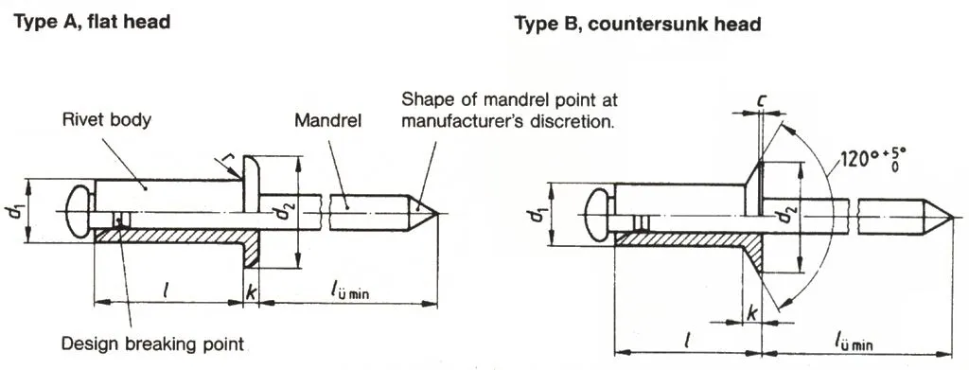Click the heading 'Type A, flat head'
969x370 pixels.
pos(92,22)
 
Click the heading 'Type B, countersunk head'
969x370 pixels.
pos(637,24)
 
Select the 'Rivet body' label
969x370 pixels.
pos(106,119)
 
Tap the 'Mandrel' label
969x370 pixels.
pos(327,120)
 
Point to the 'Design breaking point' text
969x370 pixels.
pos(152,344)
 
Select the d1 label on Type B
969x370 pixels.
pos(537,215)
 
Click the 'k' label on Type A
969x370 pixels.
pos(250,293)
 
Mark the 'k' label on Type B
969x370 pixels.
pos(752,313)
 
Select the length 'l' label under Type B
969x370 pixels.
pos(688,339)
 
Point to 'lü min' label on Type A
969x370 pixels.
pos(348,292)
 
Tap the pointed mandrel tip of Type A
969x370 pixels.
pos(437,214)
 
